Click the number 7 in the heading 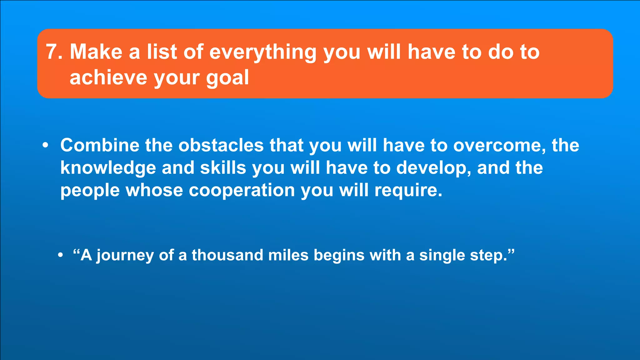[51, 52]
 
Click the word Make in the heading [96, 52]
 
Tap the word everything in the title [263, 52]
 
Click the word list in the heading [162, 52]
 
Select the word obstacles [221, 146]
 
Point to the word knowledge [108, 168]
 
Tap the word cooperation [242, 191]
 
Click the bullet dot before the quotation [61, 255]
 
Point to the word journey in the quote [125, 256]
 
